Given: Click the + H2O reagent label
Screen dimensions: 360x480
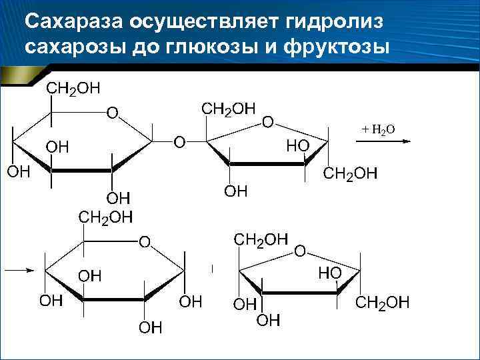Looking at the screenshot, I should pyautogui.click(x=378, y=129).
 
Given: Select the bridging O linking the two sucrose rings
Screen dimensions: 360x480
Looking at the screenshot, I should pyautogui.click(x=179, y=141).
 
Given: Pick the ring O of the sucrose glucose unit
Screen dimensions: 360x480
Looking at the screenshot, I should pyautogui.click(x=113, y=114).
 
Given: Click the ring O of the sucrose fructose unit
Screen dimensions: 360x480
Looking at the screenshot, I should pyautogui.click(x=267, y=121).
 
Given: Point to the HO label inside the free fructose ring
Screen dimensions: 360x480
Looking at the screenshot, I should pyautogui.click(x=329, y=273).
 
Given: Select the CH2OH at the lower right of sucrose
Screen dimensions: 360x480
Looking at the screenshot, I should pyautogui.click(x=349, y=174).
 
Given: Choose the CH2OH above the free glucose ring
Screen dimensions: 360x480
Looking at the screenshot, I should pyautogui.click(x=105, y=217).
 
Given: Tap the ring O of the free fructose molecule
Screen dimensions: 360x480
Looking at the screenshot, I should pyautogui.click(x=300, y=251).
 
